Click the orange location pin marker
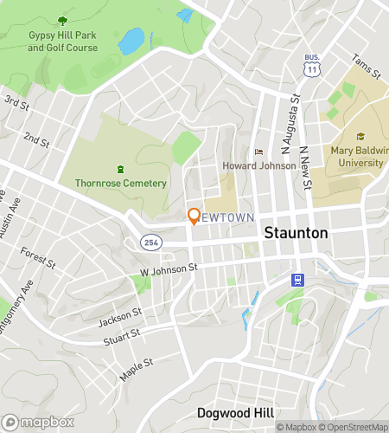194,216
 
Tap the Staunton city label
296,233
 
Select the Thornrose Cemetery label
120,183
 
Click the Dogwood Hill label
234,412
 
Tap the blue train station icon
297,279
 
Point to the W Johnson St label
169,269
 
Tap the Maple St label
137,361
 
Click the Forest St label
39,257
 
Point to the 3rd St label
16,103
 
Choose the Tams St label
367,68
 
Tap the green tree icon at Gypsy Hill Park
62,20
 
